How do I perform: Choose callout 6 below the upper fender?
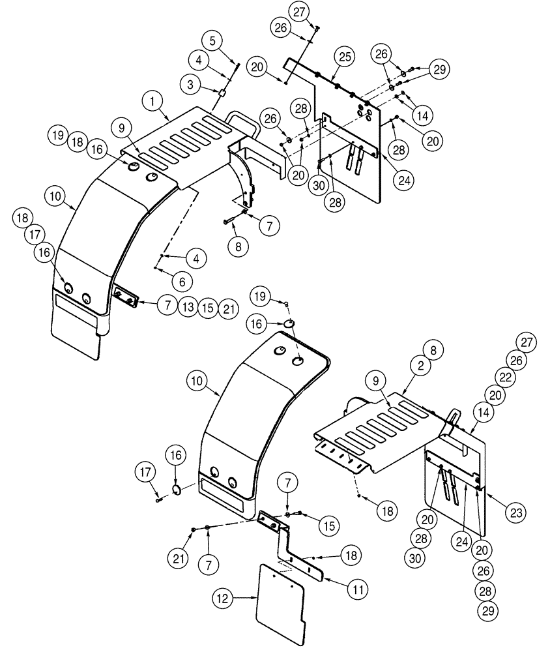coord(182,282)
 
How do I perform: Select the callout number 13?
coord(188,307)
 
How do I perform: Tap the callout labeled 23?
coord(517,512)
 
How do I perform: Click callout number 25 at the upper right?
coord(345,57)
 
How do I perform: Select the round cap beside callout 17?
coord(175,491)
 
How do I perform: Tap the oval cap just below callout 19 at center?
coord(290,324)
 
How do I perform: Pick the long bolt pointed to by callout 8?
coord(233,220)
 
